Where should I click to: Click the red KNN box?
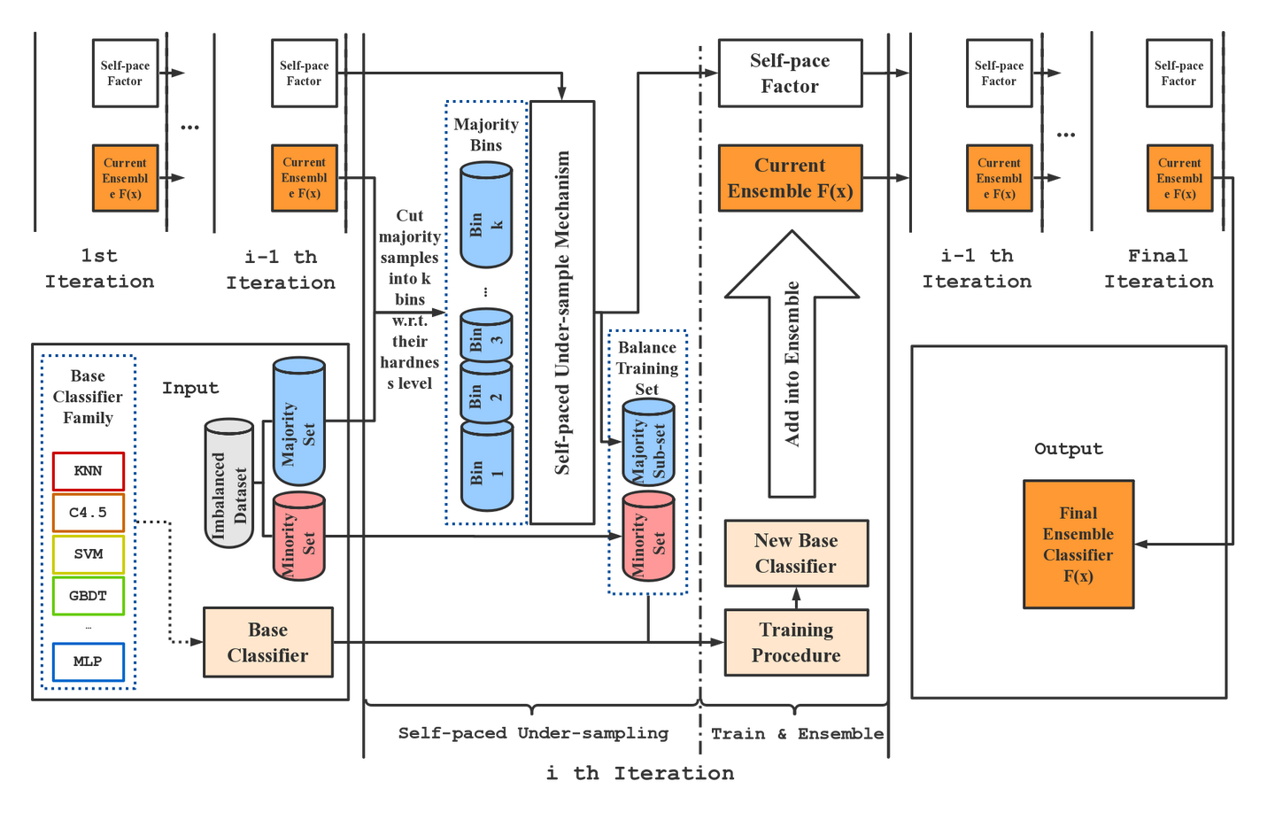click(x=88, y=471)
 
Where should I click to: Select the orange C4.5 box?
click(x=88, y=513)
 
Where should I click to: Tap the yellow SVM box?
click(x=88, y=554)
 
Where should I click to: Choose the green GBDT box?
click(x=88, y=596)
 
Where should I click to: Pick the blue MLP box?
click(x=88, y=661)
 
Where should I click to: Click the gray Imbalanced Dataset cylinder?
click(x=229, y=483)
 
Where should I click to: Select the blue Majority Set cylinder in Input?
click(x=299, y=422)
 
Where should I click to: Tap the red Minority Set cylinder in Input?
click(x=299, y=537)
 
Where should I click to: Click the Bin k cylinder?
click(x=486, y=216)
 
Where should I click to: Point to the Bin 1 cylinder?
click(x=486, y=467)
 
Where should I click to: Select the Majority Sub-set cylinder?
click(x=648, y=443)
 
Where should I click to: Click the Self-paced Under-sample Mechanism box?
click(x=562, y=313)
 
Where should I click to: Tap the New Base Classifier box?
click(x=796, y=553)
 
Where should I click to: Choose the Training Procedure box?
click(x=796, y=643)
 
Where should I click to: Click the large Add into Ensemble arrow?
click(x=792, y=363)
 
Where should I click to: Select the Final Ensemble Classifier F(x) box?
click(x=1078, y=545)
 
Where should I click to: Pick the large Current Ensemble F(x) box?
click(x=790, y=178)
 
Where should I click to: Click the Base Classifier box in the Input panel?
click(x=268, y=643)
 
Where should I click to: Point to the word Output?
click(x=1069, y=449)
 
